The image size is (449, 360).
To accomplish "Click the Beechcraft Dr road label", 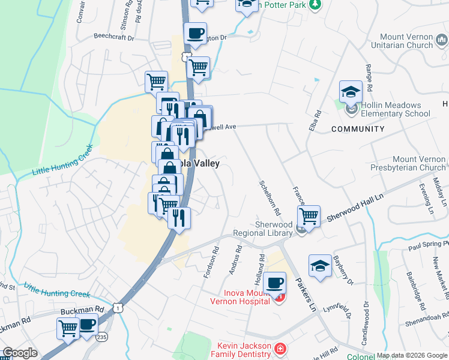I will (x=113, y=36).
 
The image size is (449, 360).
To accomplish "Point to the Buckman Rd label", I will (x=82, y=311).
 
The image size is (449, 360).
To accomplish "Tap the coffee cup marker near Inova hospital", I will (x=274, y=283).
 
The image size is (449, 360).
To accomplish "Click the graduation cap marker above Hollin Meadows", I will (x=351, y=92).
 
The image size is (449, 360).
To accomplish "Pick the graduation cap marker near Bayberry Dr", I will (x=320, y=265).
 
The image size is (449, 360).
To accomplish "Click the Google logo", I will (x=19, y=353).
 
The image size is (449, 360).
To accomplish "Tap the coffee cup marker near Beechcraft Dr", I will (x=195, y=33).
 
